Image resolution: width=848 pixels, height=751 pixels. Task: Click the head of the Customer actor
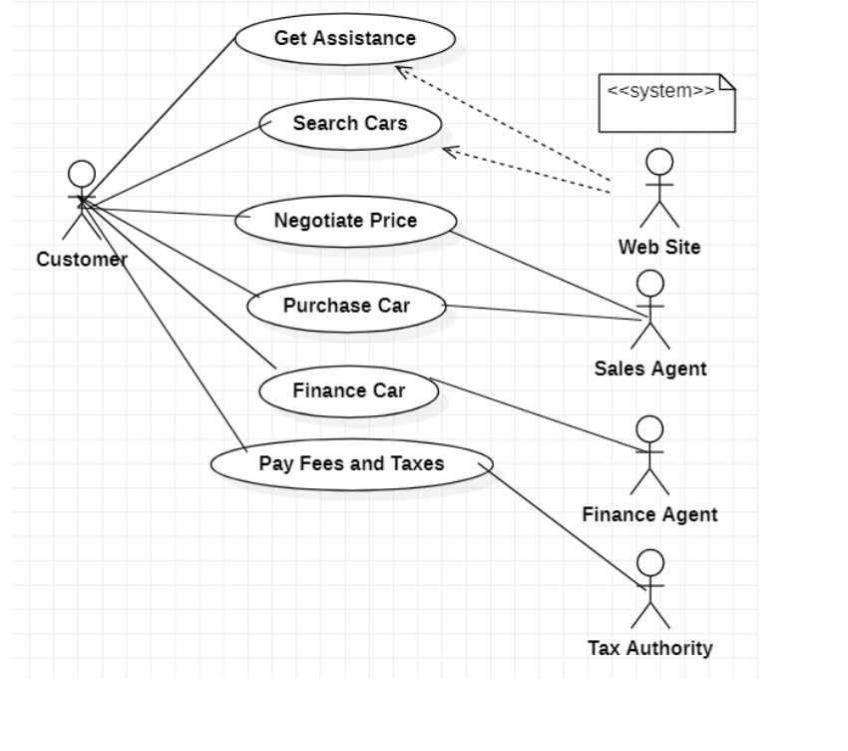(82, 174)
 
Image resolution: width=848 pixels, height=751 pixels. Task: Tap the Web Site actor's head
(659, 162)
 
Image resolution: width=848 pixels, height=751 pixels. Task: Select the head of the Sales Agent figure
(650, 284)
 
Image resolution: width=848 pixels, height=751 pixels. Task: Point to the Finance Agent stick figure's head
(649, 429)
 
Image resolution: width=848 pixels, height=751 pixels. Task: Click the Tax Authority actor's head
(650, 562)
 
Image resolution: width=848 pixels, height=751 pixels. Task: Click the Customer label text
(82, 260)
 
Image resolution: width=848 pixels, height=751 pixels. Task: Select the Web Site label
(659, 247)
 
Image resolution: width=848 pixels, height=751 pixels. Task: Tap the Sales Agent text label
(650, 369)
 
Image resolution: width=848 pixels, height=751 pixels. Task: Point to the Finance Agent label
(650, 514)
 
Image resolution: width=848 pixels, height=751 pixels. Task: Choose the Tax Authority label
(650, 648)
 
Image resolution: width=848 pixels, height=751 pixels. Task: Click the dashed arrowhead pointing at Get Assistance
(402, 71)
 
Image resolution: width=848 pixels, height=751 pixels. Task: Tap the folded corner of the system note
(728, 81)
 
